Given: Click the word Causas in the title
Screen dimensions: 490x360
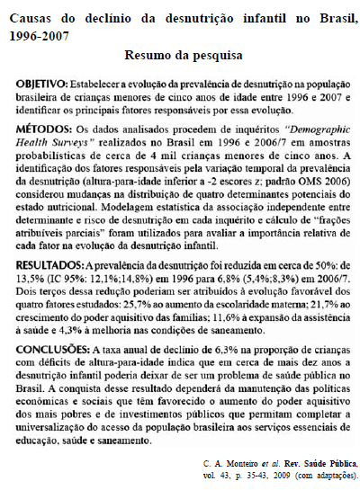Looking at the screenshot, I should [x=30, y=15].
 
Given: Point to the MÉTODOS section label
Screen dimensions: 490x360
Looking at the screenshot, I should [x=44, y=129].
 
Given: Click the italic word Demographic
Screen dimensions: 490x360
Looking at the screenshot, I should [x=303, y=129].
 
